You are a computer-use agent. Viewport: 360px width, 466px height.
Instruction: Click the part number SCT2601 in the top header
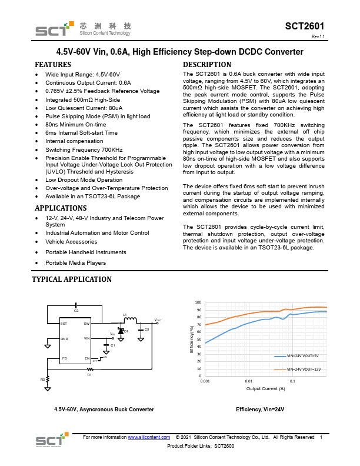(x=304, y=26)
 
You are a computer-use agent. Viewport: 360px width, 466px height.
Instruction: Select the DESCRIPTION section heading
(x=207, y=64)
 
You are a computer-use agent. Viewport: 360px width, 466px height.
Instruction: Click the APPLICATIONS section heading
(x=61, y=208)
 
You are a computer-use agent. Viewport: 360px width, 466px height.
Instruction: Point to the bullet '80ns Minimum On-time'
(x=76, y=125)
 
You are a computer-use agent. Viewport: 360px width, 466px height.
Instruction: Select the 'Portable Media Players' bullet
(x=75, y=262)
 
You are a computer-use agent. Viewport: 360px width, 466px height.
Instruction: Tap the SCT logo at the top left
(x=50, y=29)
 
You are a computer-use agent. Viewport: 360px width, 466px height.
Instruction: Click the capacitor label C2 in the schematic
(x=76, y=310)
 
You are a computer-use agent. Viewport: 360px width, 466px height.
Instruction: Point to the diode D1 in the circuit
(x=121, y=332)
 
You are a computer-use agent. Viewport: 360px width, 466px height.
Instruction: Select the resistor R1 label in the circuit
(x=89, y=374)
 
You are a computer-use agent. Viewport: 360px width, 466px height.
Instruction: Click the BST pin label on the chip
(x=64, y=323)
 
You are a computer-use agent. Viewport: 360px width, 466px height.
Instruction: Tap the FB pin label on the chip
(x=65, y=358)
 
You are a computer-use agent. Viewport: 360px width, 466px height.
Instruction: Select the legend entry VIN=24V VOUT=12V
(x=304, y=369)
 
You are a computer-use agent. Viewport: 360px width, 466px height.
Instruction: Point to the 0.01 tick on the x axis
(x=248, y=381)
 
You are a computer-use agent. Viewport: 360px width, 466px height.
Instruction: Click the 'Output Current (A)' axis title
(x=265, y=388)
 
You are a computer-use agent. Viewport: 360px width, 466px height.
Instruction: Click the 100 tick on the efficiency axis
(x=198, y=302)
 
